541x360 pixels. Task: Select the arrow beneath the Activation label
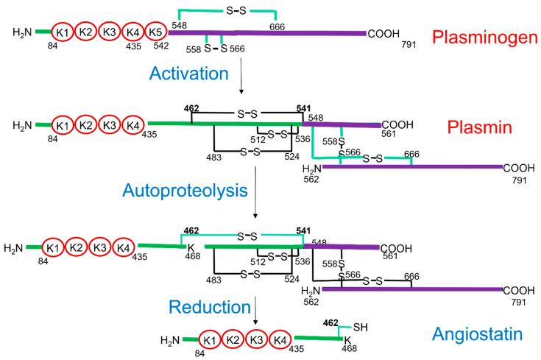[241, 86]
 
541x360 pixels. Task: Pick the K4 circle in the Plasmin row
[132, 124]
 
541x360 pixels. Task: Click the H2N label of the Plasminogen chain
[23, 32]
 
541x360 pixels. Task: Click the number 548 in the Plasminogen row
[180, 26]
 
